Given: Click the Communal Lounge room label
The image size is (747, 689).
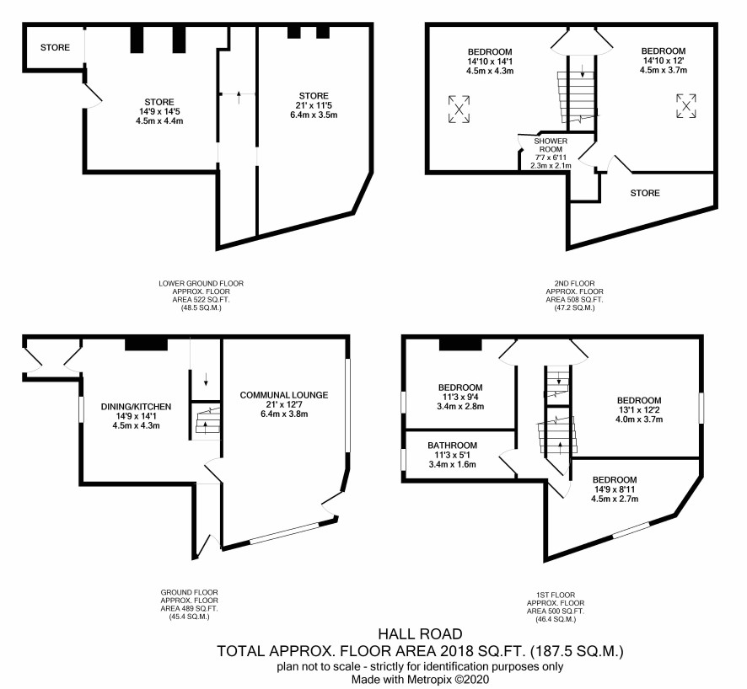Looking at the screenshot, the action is [284, 395].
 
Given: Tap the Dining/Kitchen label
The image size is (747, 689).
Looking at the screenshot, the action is [136, 407].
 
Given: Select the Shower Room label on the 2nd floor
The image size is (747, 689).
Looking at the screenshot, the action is [551, 145].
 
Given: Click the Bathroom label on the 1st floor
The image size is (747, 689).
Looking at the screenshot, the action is [452, 446].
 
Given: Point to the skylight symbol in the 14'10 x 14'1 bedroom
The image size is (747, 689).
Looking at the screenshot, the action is [459, 109].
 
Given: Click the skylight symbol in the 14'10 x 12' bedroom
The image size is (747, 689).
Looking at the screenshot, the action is [686, 105].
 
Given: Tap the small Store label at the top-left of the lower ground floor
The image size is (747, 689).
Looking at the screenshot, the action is [55, 47].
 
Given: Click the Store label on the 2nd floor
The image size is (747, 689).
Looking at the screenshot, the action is [645, 193].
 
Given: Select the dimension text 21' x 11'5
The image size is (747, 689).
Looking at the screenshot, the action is [314, 105].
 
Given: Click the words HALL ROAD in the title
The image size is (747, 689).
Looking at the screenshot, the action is [420, 633].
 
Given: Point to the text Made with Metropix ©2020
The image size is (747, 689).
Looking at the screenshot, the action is [420, 680].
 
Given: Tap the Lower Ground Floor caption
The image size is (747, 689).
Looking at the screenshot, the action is [201, 283].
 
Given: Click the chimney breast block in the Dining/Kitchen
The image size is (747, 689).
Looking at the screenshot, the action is [146, 344].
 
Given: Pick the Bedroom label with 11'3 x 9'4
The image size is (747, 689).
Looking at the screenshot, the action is [460, 387].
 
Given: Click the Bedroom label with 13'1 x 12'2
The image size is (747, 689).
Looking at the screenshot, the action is [639, 401].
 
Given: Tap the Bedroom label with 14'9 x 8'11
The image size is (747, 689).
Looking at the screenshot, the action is [615, 479].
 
